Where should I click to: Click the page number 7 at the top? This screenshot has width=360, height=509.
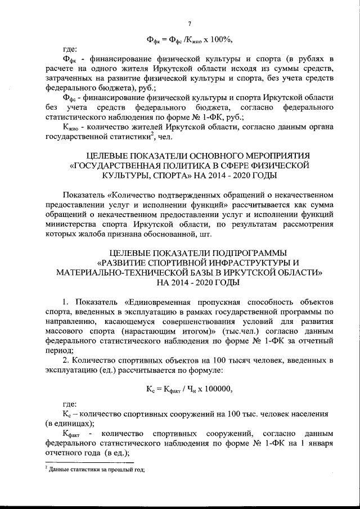[x=190, y=23]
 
